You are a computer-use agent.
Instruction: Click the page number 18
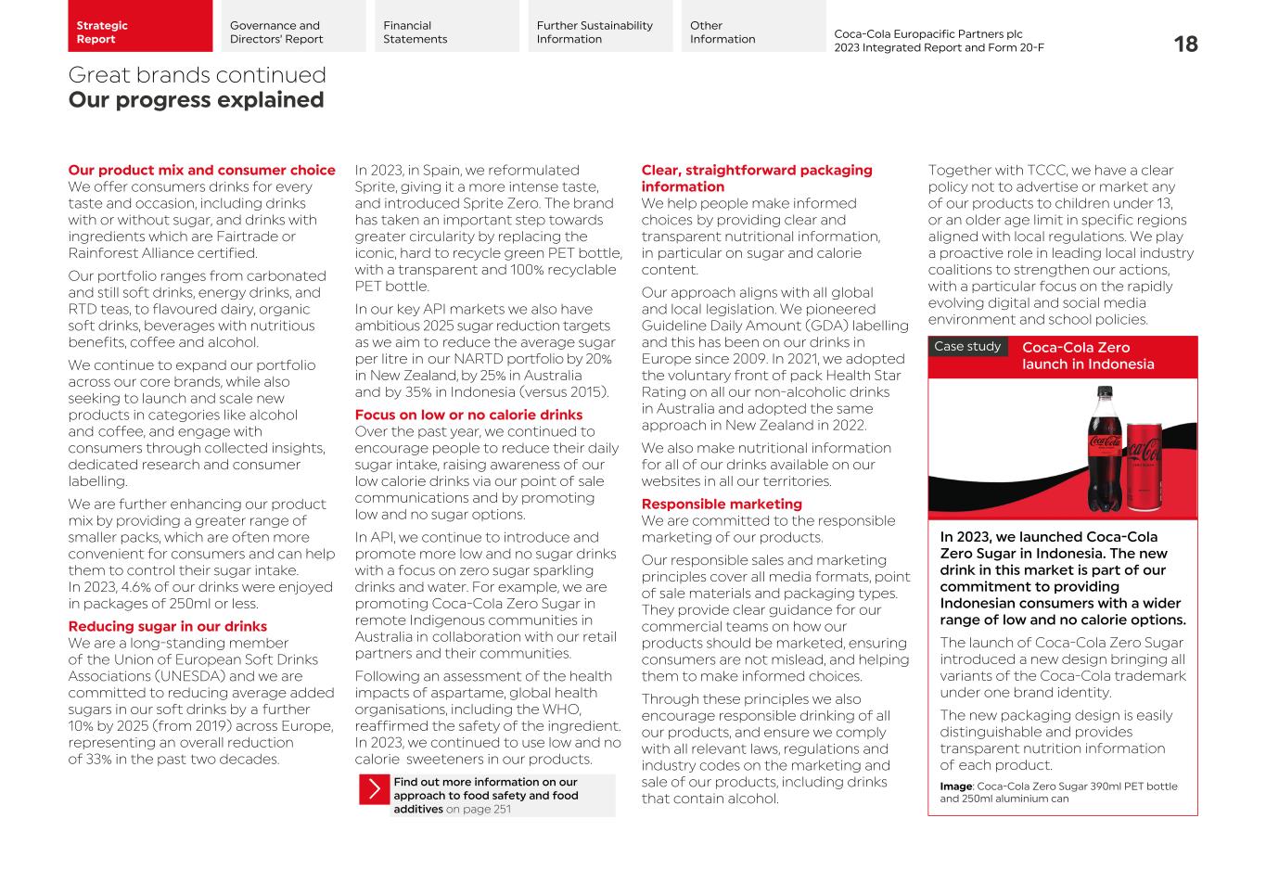point(1184,44)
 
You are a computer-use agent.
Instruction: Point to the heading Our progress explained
point(196,100)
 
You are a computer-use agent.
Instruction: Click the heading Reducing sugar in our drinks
point(167,626)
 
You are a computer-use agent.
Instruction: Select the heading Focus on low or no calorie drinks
point(468,415)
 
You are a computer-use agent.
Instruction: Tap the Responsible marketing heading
point(721,504)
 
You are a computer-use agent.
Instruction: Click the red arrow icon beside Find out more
point(374,789)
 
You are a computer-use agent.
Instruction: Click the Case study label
point(967,347)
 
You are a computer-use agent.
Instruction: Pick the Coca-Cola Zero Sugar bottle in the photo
point(1104,454)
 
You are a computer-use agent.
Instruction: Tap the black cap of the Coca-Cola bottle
point(1104,392)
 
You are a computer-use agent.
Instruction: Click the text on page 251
point(478,809)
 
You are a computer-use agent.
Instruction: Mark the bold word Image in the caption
point(956,786)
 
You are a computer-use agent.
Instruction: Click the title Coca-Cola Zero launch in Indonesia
point(1087,356)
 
